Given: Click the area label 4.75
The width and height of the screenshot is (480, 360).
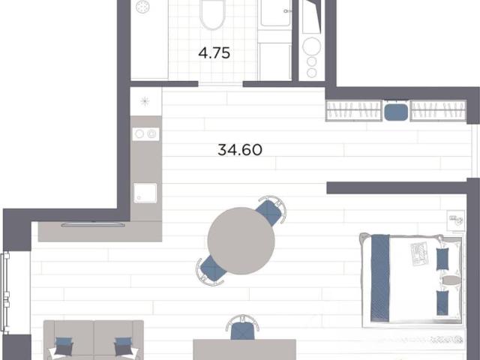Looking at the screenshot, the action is tap(214, 53).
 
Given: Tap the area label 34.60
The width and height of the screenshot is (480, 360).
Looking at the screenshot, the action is tap(240, 150).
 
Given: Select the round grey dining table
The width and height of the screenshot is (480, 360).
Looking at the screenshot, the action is tap(241, 241).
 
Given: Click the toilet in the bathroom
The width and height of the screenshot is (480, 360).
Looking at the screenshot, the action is tap(213, 13).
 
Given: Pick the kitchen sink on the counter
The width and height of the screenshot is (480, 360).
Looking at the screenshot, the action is tap(145, 193).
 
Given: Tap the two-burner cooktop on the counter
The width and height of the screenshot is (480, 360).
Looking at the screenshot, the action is tap(145, 134).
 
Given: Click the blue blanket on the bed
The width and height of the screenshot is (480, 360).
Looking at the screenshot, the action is tap(380, 278).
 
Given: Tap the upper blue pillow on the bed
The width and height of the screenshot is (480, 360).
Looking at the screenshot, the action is tap(442, 259).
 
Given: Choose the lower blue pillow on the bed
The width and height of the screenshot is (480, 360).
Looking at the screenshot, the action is tap(442, 302).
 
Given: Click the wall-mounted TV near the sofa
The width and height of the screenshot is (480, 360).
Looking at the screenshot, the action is tap(93, 225).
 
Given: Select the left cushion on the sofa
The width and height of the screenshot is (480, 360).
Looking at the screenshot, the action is tap(64, 346).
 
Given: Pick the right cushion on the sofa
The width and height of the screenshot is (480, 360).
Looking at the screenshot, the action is tap(123, 346).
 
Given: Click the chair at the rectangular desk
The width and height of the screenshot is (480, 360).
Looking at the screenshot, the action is tap(242, 328).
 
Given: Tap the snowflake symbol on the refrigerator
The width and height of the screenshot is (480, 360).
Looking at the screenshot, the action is tap(145, 101).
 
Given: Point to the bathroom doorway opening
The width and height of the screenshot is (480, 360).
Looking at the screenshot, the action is tap(220, 84).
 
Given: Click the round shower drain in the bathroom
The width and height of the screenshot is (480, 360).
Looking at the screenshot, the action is tap(143, 7).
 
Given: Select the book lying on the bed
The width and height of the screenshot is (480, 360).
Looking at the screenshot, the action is tap(419, 253).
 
